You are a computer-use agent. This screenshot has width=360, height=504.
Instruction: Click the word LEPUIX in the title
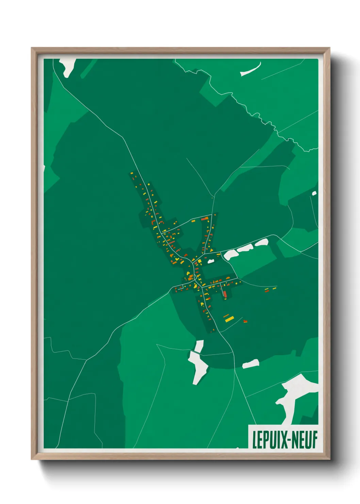click(x=266, y=440)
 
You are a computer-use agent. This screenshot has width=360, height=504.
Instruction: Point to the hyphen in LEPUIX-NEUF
click(x=285, y=440)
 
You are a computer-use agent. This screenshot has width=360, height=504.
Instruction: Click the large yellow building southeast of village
click(x=229, y=319)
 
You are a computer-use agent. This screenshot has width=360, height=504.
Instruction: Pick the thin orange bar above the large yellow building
click(x=226, y=315)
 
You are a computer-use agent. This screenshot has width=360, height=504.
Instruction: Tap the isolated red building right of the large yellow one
click(x=245, y=320)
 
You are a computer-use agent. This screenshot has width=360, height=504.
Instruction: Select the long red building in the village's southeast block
click(x=224, y=294)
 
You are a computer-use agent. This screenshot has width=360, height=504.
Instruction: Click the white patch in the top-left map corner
click(x=68, y=66)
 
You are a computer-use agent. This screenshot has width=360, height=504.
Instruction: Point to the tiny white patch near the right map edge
click(x=314, y=193)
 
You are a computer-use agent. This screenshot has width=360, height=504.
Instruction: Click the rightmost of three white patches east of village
click(x=262, y=242)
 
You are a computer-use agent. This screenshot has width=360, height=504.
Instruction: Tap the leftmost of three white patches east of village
click(x=231, y=254)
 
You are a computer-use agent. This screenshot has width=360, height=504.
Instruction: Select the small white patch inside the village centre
click(x=211, y=261)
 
